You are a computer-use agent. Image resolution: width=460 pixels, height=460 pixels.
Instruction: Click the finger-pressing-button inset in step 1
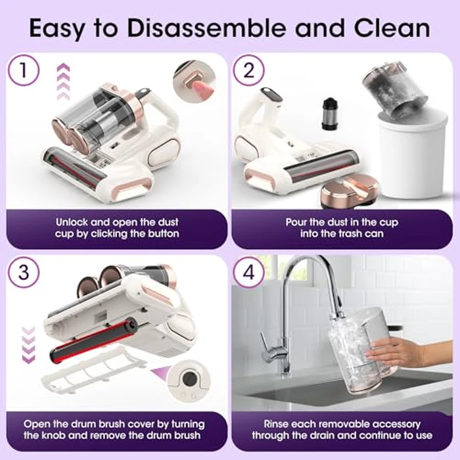(196, 84)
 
